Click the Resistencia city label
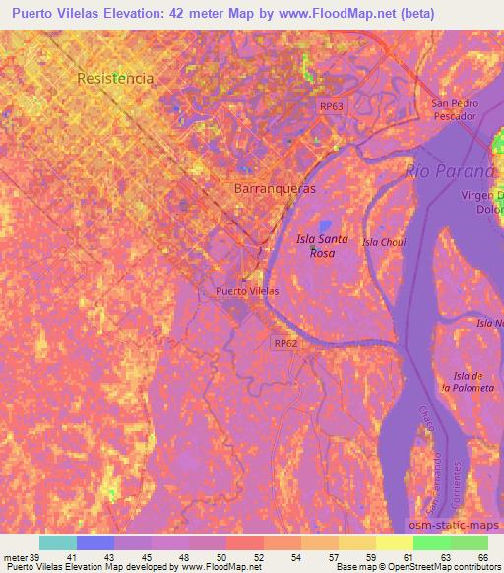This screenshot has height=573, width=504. click(x=116, y=77)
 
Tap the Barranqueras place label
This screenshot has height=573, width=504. click(x=275, y=187)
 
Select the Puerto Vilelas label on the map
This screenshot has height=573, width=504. click(x=247, y=291)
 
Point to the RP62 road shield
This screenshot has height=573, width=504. click(x=285, y=342)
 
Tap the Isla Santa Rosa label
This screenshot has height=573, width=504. click(x=316, y=246)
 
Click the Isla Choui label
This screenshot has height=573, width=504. click(x=384, y=241)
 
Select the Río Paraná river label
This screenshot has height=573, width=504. click(x=444, y=172)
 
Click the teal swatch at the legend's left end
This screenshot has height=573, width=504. click(x=58, y=542)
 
